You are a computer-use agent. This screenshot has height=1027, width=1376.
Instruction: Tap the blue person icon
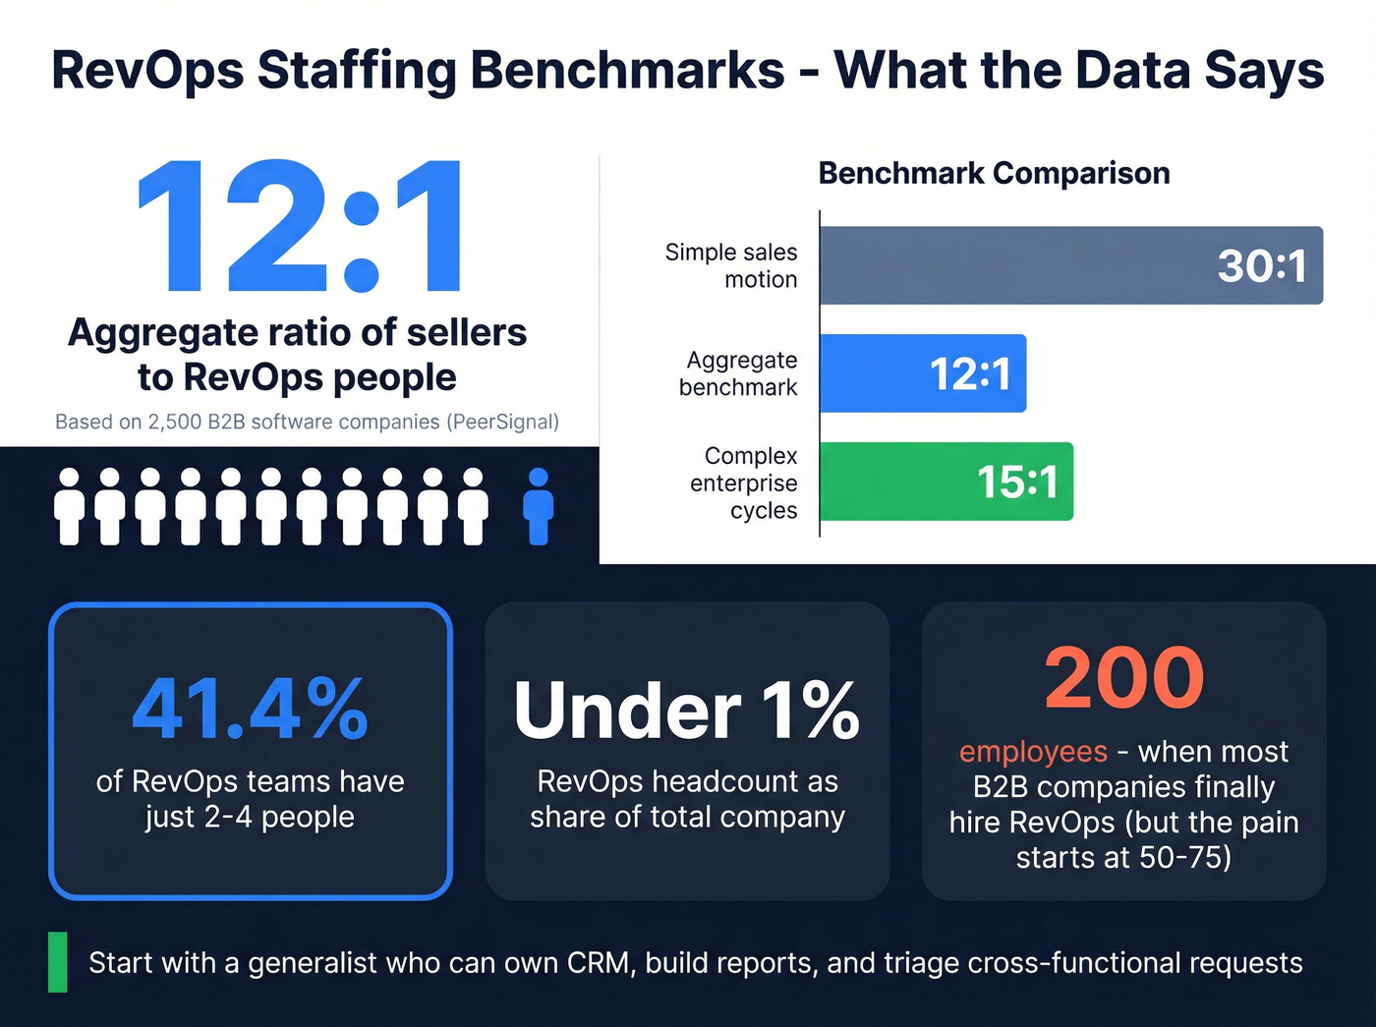[x=538, y=506]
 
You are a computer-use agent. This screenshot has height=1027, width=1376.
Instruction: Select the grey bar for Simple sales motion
[x=1012, y=265]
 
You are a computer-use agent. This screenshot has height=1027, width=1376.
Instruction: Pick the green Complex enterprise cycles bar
[x=894, y=482]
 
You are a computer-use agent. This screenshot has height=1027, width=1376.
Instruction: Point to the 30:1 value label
[x=1262, y=265]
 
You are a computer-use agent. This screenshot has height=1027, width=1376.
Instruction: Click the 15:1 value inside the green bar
[x=1016, y=482]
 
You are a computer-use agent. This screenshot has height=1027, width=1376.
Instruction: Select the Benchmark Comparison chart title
[x=994, y=173]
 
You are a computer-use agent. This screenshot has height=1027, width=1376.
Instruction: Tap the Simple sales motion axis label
[x=731, y=265]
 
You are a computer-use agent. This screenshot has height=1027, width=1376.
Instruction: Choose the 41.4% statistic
[x=250, y=709]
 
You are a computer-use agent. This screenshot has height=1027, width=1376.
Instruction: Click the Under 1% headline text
[x=687, y=711]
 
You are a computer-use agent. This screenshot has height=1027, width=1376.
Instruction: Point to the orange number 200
[x=1123, y=678]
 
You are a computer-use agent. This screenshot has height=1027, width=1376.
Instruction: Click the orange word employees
[x=1033, y=752]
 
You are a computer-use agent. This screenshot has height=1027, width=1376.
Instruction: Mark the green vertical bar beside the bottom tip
[x=58, y=962]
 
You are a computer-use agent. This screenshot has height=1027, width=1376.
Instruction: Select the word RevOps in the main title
[x=147, y=71]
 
